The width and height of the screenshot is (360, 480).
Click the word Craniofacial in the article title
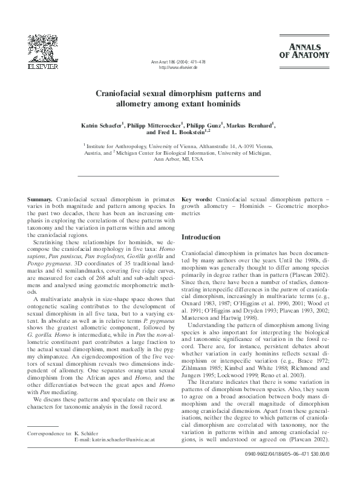pyautogui.click(x=126, y=94)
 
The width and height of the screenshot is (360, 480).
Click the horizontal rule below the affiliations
pyautogui.click(x=179, y=175)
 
